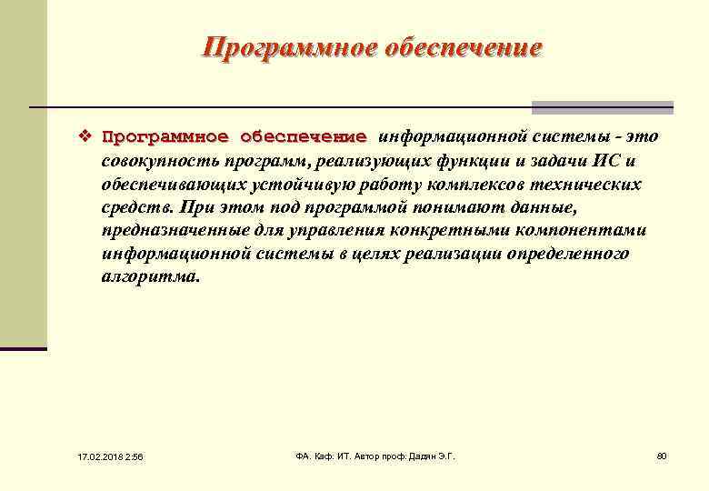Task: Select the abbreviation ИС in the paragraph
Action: (607, 161)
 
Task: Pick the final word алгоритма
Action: (149, 278)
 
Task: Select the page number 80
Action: (661, 455)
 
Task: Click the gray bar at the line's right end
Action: (603, 107)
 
